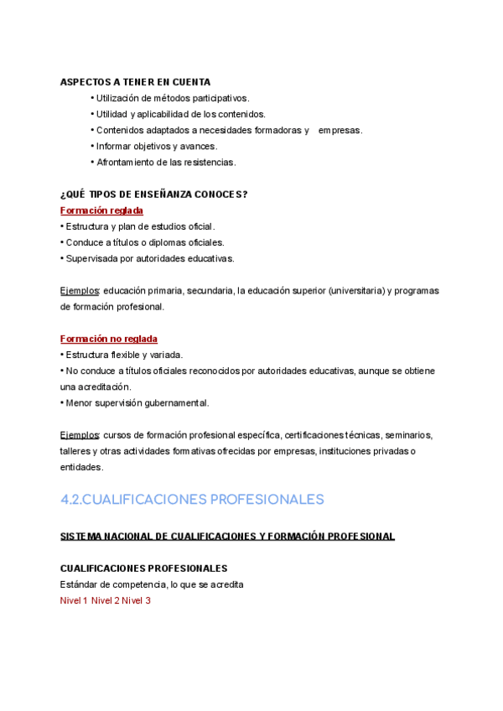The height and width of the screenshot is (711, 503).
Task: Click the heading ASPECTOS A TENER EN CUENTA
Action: pyautogui.click(x=135, y=82)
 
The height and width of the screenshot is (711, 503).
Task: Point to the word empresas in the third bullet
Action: pyautogui.click(x=340, y=130)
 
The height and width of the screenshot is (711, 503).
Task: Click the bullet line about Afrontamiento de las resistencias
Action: pyautogui.click(x=166, y=162)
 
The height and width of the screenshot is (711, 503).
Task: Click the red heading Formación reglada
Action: pyautogui.click(x=101, y=210)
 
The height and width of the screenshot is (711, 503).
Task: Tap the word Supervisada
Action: pyautogui.click(x=93, y=258)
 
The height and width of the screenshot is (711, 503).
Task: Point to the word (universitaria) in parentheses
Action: pyautogui.click(x=355, y=291)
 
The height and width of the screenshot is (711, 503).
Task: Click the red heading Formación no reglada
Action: pyautogui.click(x=109, y=339)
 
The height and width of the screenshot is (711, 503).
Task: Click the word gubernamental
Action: pyautogui.click(x=175, y=402)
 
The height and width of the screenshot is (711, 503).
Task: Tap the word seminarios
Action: pyautogui.click(x=405, y=435)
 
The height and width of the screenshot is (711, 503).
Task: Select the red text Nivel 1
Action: pyautogui.click(x=74, y=600)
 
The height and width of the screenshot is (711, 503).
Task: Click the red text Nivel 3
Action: pyautogui.click(x=136, y=600)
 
